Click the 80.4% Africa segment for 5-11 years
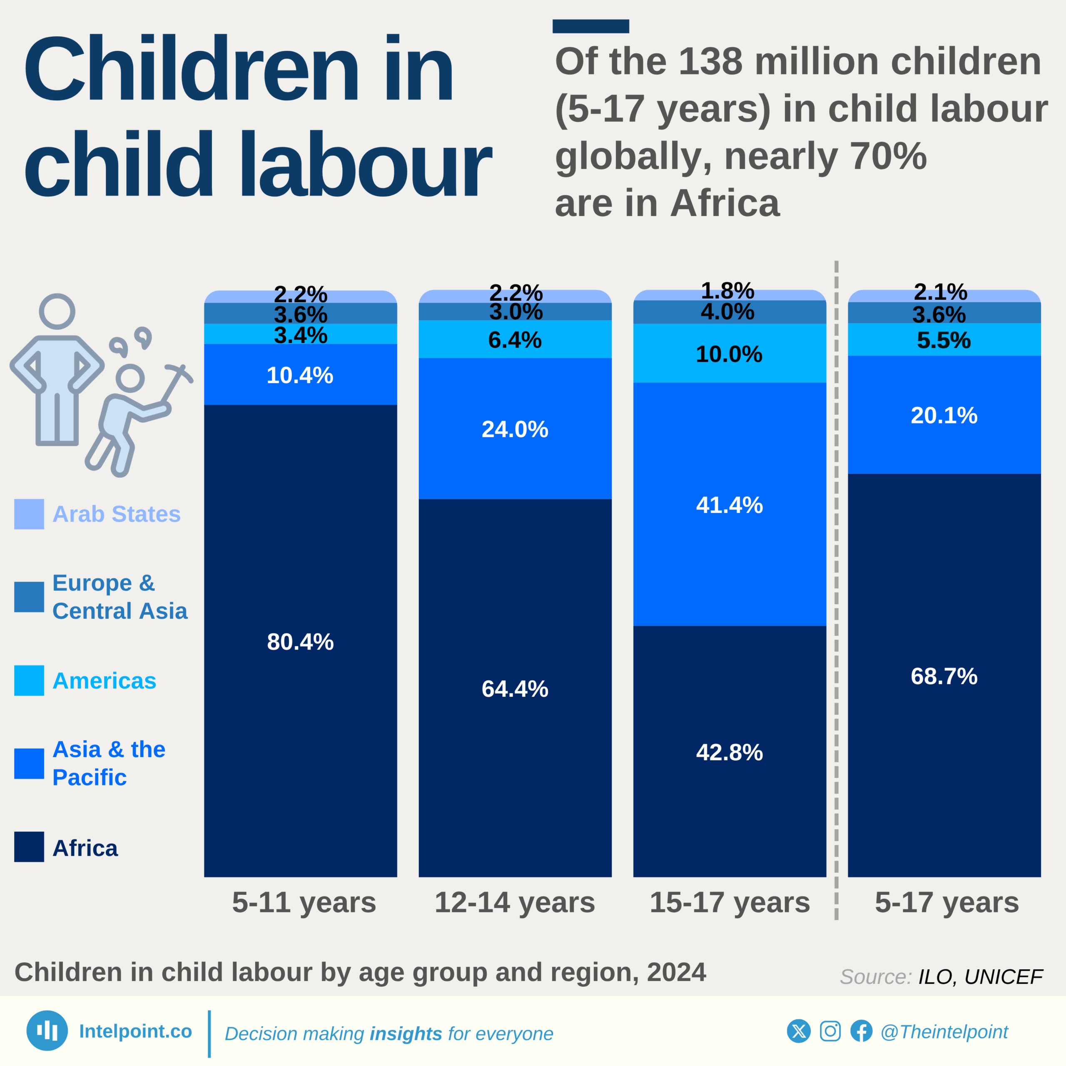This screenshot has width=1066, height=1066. [x=300, y=640]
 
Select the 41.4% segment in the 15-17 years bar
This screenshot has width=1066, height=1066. [x=730, y=504]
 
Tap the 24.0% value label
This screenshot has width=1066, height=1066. [x=515, y=429]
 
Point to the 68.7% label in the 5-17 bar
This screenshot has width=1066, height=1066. [x=944, y=676]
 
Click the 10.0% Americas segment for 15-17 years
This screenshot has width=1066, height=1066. [x=730, y=354]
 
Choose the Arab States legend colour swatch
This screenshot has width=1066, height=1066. [x=29, y=514]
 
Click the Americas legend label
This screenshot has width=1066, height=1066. [x=104, y=680]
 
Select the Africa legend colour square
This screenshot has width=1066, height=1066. [x=29, y=847]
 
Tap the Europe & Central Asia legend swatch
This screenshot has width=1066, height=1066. [x=29, y=596]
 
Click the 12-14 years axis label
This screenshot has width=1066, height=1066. [x=515, y=902]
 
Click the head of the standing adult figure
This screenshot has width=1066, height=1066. [x=57, y=311]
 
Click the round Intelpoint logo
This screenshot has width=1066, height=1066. [x=47, y=1031]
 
